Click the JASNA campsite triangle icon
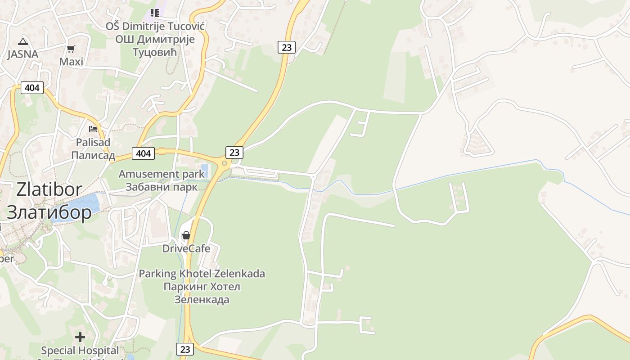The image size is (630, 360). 22,42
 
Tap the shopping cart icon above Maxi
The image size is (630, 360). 71,49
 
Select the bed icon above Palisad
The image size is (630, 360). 93,129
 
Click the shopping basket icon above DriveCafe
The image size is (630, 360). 186,235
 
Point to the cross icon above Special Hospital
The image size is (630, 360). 80,337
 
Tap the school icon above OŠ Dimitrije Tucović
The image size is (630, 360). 155,13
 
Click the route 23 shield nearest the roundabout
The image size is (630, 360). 234,153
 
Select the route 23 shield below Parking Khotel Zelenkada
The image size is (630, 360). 184,349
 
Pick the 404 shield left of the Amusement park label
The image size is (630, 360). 143,153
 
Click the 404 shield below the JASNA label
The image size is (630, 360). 32,87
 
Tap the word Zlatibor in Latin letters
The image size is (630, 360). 49,189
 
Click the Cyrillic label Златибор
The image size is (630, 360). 49,212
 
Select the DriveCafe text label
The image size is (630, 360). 186,248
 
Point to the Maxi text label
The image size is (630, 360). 72,62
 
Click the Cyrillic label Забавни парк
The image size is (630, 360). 161,187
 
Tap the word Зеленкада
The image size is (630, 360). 202,299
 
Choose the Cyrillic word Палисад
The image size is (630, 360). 93,155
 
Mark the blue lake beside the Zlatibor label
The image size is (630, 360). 83,205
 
